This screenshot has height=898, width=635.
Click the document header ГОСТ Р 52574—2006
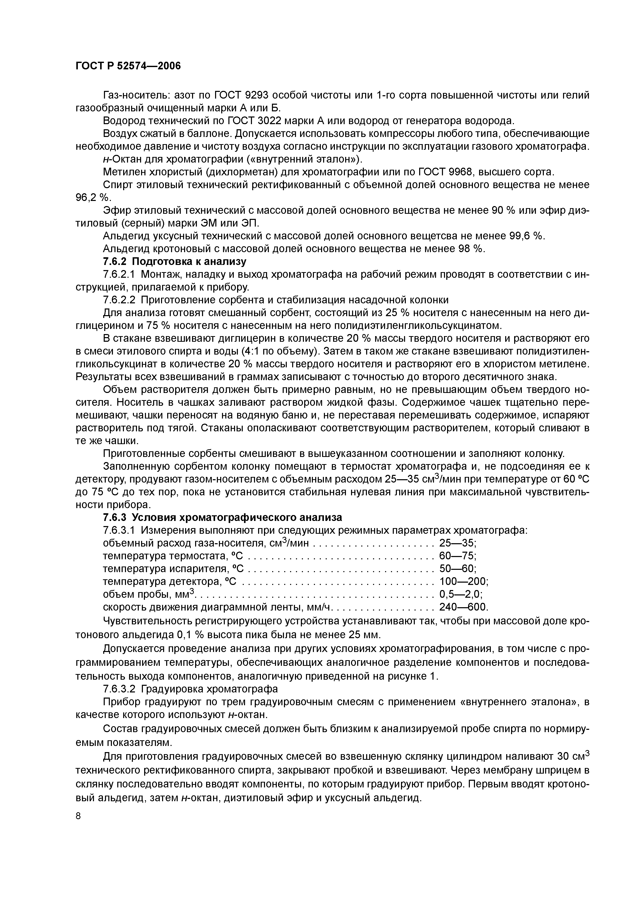(128, 66)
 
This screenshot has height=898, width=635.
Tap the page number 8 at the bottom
(79, 826)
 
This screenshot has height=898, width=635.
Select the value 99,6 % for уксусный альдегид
(526, 236)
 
